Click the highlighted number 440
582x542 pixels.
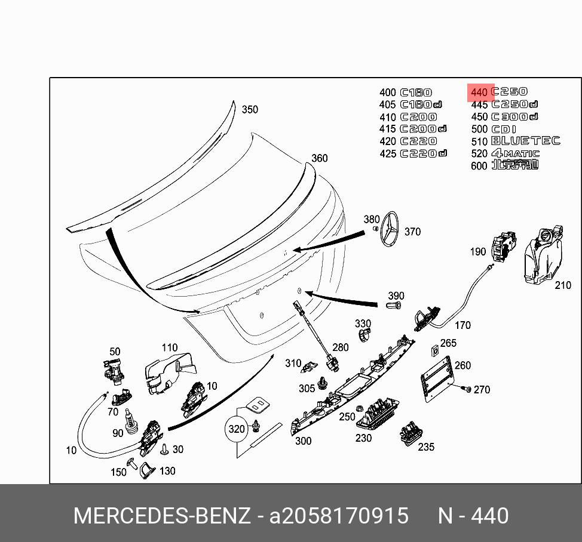tap(479, 93)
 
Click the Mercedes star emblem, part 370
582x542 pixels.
tap(391, 229)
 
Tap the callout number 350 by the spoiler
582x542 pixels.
tap(250, 110)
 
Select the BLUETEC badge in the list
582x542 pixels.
tap(525, 141)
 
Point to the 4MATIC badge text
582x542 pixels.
tap(515, 153)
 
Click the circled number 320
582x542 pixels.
tap(237, 429)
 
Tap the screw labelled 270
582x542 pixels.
tap(467, 389)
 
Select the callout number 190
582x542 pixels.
tap(478, 252)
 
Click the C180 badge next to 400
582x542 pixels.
tap(415, 93)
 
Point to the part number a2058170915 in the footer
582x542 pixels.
tap(339, 516)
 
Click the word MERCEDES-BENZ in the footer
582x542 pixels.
tap(162, 516)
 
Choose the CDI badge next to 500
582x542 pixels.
tap(503, 130)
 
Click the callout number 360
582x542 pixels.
tap(320, 158)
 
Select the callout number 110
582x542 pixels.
tap(170, 347)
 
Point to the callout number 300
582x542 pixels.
tap(304, 441)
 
